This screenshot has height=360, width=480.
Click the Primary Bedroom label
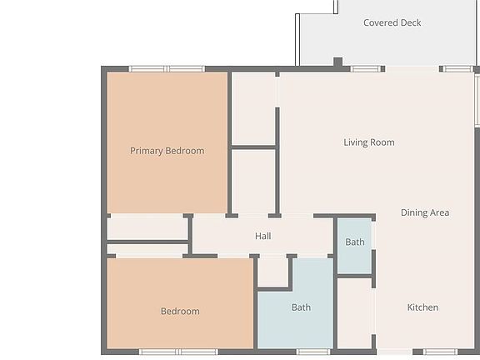pos(167,151)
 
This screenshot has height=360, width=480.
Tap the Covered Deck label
pos(392,22)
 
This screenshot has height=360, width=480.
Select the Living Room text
pos(368,142)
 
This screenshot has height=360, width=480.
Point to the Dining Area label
pos(424,212)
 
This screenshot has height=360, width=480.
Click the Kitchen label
pos(422,307)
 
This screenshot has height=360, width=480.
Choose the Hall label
pos(262,236)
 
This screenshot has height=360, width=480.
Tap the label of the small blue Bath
pos(355,242)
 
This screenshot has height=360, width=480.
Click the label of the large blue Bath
pos(301,307)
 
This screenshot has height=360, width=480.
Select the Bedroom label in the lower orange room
pos(180,312)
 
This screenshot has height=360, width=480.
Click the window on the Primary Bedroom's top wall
pos(167,68)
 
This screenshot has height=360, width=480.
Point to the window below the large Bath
pos(313,352)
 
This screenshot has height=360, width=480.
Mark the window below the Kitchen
pos(440,352)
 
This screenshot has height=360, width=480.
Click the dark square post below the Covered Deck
pos(337,62)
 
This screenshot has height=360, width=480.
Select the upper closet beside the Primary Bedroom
pos(253,109)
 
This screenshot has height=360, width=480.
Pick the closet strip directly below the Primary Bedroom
pos(147,227)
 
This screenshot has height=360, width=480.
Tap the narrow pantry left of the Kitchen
pos(354,312)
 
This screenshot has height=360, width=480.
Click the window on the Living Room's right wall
pos(477,101)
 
